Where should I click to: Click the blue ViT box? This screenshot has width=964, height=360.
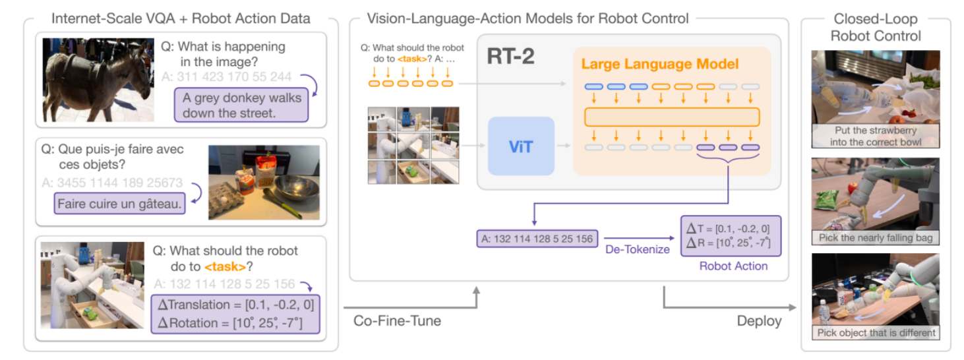521,146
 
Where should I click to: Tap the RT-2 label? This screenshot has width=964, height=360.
510,57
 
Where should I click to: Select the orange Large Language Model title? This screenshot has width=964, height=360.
659,65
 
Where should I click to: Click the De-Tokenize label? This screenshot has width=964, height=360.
637,249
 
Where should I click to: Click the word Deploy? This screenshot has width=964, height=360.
759,321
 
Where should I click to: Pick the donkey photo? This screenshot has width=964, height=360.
98,80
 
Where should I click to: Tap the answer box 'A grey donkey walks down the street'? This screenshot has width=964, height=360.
242,105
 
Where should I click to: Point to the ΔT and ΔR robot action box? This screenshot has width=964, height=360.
730,236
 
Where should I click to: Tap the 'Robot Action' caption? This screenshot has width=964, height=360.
733,266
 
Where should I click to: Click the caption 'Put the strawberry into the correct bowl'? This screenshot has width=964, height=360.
876,135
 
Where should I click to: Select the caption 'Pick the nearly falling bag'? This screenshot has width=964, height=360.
876,237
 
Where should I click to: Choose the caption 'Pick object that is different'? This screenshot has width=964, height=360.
876,333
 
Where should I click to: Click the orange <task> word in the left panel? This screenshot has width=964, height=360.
226,267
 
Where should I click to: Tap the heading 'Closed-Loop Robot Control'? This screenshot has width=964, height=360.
876,27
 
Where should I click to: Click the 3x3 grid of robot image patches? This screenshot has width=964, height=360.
413,145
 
